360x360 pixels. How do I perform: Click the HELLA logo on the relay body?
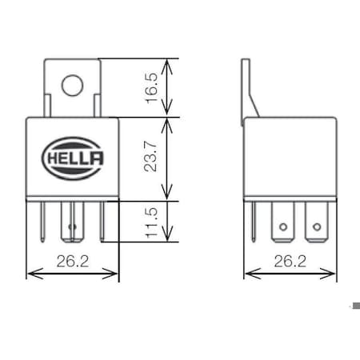point(73,157)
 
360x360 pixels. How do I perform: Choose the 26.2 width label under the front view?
point(73,261)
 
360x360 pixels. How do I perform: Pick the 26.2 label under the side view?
point(290,261)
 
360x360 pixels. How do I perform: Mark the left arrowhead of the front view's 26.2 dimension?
point(31,274)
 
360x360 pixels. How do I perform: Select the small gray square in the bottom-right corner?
point(354,306)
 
